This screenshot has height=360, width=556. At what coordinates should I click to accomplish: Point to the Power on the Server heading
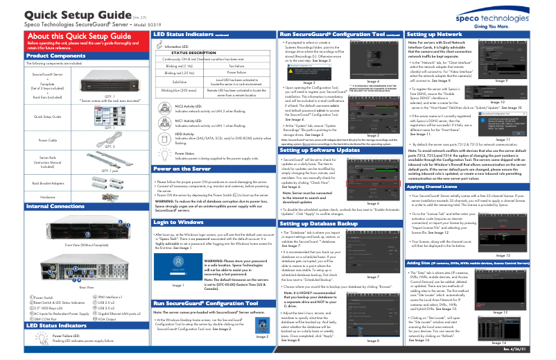pos(182,169)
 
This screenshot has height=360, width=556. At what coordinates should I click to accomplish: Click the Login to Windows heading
pos(178,222)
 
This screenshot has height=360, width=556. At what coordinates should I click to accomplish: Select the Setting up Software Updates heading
pos(320,150)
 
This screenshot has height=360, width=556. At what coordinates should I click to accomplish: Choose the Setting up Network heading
pos(435,34)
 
